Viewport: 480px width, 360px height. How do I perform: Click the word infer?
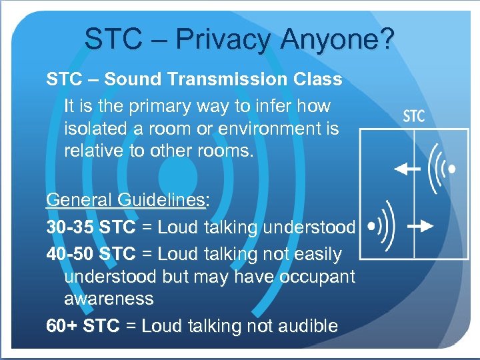click(269, 106)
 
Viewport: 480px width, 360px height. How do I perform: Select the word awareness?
click(109, 299)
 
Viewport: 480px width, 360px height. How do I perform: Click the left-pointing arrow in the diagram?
click(407, 169)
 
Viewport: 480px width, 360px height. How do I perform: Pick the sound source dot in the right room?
click(453, 169)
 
